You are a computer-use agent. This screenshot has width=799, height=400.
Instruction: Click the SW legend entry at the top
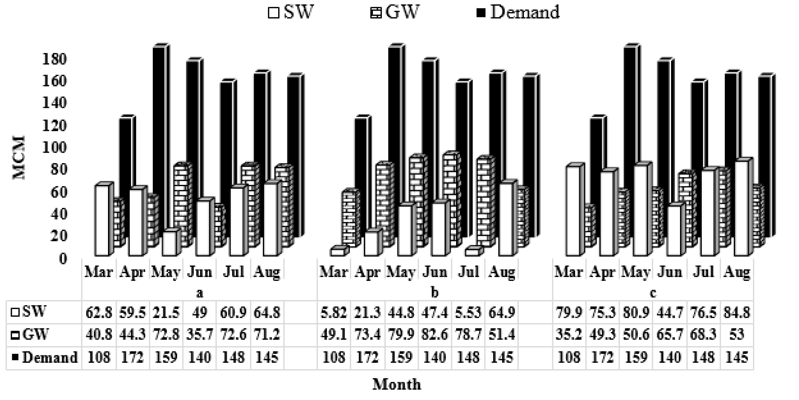pyautogui.click(x=291, y=12)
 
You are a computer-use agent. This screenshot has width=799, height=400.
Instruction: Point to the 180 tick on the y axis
pyautogui.click(x=54, y=59)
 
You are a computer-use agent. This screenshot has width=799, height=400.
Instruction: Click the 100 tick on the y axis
pyautogui.click(x=54, y=147)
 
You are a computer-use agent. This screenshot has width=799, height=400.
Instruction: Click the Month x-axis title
pyautogui.click(x=397, y=384)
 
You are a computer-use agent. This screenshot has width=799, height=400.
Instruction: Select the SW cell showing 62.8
pyautogui.click(x=99, y=312)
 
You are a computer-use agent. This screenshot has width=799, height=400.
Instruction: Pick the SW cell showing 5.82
pyautogui.click(x=334, y=312)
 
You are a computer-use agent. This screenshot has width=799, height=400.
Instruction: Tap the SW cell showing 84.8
pyautogui.click(x=737, y=312)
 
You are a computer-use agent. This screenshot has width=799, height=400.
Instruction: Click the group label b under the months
pyautogui.click(x=435, y=292)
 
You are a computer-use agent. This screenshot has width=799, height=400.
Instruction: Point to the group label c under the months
pyautogui.click(x=653, y=292)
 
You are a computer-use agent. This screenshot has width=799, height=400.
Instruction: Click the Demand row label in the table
pyautogui.click(x=45, y=358)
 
